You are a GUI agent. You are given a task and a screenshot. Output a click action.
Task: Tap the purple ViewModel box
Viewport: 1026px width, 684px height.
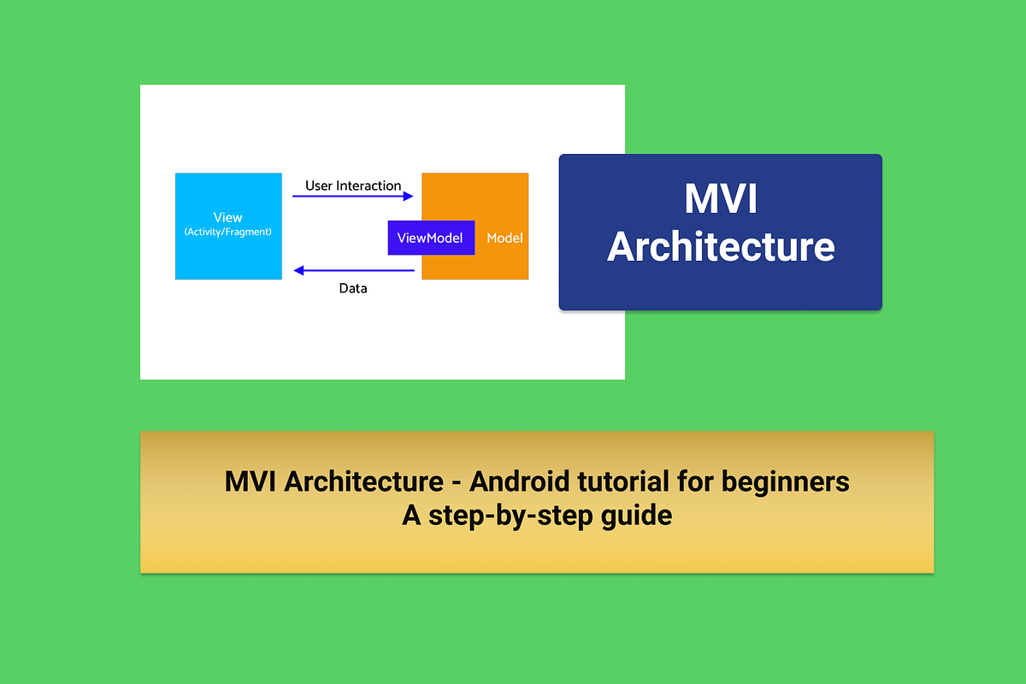430,238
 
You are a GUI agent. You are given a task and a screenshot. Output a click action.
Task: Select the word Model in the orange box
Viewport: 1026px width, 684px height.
504,238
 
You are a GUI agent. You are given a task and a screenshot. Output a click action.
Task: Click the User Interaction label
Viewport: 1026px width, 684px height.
353,186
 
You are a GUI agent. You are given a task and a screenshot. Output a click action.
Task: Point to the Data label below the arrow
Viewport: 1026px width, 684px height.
353,288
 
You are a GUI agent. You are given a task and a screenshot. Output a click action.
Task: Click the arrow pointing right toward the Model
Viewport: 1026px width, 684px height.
353,197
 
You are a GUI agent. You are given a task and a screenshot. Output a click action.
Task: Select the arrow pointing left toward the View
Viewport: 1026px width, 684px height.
353,271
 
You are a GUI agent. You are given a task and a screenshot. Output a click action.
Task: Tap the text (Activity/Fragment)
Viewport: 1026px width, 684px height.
228,232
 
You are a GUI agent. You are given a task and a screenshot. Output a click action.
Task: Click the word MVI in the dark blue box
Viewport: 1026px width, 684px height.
721,200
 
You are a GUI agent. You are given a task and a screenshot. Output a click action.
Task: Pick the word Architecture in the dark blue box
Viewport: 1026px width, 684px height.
721,246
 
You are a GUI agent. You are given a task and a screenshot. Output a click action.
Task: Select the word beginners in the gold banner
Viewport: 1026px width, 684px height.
786,481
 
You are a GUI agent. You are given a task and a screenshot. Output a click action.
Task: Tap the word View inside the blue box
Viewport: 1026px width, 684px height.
228,218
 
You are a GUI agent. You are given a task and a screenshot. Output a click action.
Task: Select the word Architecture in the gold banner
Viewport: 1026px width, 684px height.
359,481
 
